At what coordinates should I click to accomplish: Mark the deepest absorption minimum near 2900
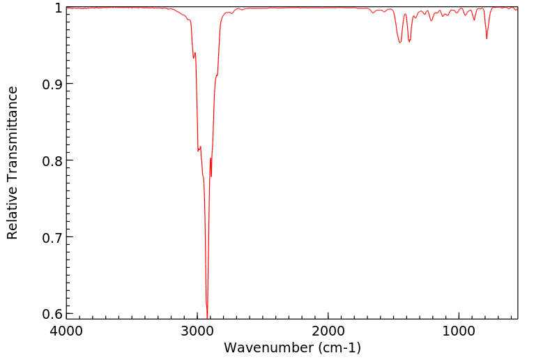[207, 315]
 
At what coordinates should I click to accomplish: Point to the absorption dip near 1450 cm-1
[399, 43]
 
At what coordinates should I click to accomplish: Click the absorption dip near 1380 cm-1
[409, 41]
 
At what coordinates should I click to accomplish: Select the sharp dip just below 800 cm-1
[487, 38]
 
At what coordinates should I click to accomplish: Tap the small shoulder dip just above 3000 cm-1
[194, 58]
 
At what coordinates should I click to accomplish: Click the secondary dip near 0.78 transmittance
[211, 176]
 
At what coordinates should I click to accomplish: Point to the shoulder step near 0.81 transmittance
[199, 150]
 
